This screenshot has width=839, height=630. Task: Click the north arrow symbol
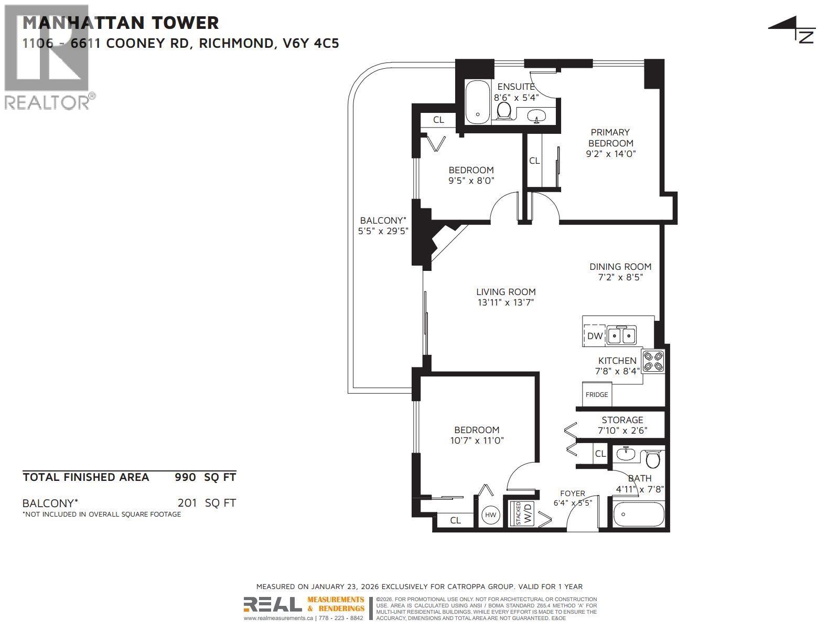(x=792, y=29)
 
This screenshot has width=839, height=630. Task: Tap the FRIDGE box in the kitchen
(x=597, y=394)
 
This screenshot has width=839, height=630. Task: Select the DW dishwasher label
(x=595, y=336)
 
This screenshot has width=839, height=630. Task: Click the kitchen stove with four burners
(x=654, y=361)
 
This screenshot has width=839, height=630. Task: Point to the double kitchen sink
(x=622, y=335)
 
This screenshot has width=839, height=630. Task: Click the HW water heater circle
(x=490, y=515)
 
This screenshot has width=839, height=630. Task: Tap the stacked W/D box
(x=523, y=513)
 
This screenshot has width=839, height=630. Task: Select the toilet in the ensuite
(x=504, y=110)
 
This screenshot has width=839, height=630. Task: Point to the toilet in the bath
(x=653, y=459)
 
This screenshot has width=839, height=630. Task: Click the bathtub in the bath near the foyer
(x=638, y=514)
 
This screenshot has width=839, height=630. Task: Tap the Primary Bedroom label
(x=610, y=138)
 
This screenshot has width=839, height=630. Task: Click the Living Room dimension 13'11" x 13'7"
(x=505, y=302)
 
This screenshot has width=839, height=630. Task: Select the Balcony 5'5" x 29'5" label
(x=383, y=225)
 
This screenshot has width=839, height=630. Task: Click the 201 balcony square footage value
(x=187, y=503)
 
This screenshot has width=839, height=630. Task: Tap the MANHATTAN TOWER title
(x=121, y=23)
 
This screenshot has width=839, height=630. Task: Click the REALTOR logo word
(x=47, y=102)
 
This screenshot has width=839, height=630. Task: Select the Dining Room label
(x=620, y=267)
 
